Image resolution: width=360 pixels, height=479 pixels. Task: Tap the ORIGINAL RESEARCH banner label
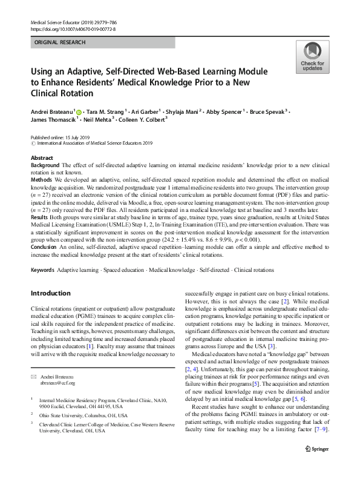[60, 42]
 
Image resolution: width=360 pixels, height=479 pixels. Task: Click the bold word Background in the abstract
[45, 165]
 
